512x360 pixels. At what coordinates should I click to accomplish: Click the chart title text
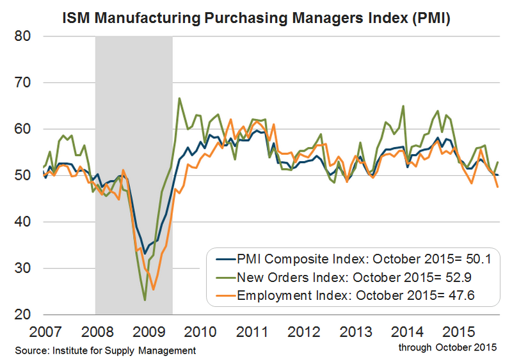256,19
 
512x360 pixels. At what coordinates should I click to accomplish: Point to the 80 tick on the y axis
23,36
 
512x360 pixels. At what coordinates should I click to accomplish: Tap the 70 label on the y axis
23,83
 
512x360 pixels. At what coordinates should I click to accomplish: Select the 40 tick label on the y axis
23,222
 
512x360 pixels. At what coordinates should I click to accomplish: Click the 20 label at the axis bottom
23,315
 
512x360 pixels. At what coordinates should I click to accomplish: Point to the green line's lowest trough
145,300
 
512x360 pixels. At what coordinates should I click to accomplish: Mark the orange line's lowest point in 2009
154,289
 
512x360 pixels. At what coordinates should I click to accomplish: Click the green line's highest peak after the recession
179,98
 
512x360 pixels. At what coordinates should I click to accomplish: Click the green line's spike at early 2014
403,106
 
